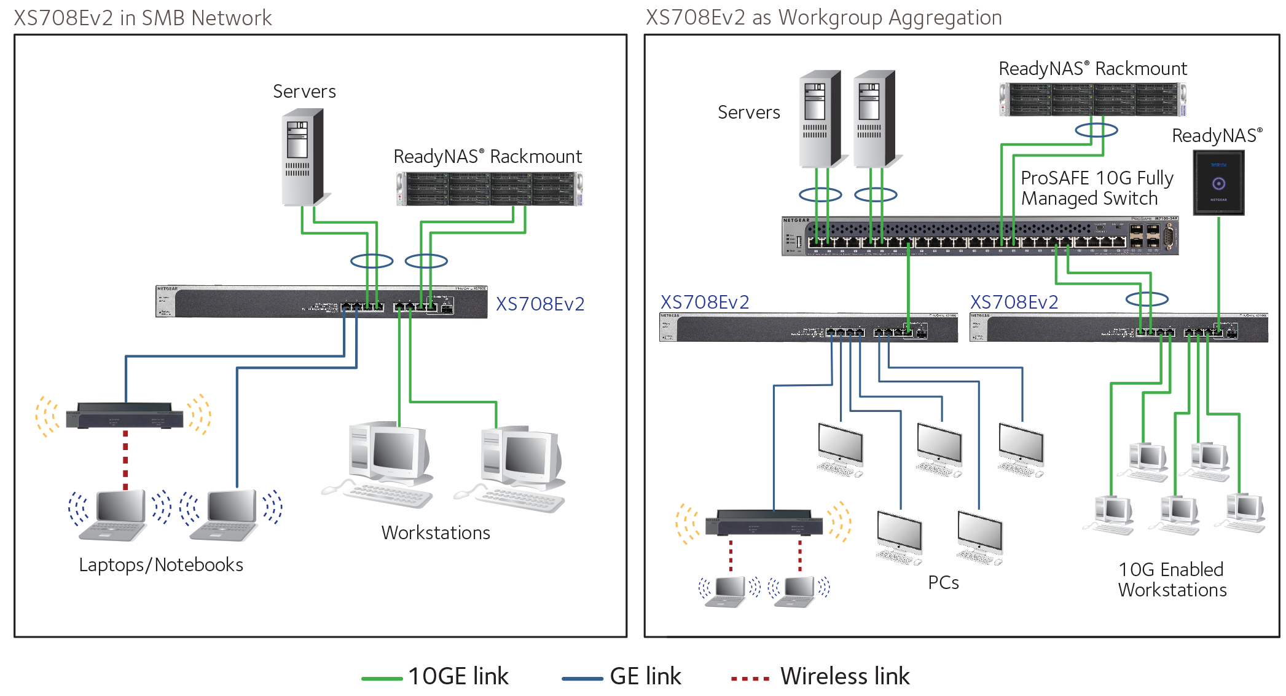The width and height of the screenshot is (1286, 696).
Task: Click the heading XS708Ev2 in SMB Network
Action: [x=143, y=18]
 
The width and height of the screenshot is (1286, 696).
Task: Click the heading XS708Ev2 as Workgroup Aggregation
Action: [x=823, y=18]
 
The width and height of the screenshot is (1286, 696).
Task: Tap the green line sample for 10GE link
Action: [x=382, y=678]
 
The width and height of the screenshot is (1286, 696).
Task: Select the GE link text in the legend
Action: [x=645, y=676]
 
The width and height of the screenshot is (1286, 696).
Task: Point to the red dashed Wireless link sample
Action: [x=750, y=679]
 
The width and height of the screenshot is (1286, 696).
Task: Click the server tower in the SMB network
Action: [x=302, y=157]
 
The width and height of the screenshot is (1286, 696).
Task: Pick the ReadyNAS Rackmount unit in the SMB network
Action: [x=489, y=189]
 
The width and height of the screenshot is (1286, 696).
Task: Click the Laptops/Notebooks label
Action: [x=161, y=564]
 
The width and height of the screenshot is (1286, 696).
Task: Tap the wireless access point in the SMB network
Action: [x=125, y=416]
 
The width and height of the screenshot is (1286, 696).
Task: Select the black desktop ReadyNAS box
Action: [x=1218, y=183]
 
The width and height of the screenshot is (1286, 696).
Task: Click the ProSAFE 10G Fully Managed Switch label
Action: [x=1097, y=188]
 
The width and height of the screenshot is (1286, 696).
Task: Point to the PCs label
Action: [x=943, y=582]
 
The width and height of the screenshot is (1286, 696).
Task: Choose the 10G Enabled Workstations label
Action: [x=1172, y=579]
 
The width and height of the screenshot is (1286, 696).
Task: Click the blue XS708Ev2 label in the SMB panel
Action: [x=539, y=304]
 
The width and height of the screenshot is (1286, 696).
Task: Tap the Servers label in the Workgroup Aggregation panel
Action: [x=748, y=113]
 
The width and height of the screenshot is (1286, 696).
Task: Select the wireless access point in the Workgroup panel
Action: [x=764, y=523]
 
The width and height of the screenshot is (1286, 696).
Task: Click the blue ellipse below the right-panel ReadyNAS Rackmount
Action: [x=1096, y=130]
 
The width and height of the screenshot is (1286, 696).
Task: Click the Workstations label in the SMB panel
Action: [x=436, y=532]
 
